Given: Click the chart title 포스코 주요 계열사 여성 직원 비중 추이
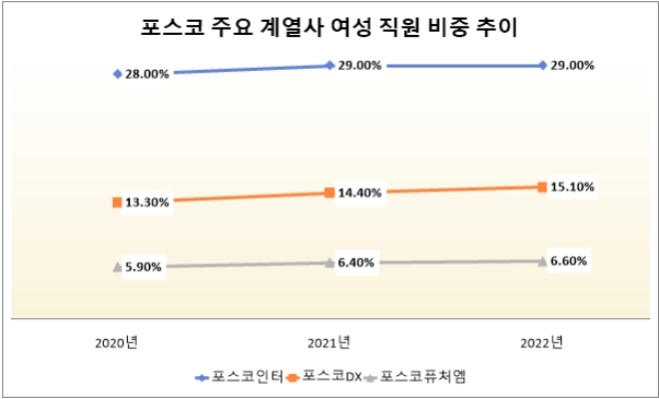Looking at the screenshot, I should point(330,26).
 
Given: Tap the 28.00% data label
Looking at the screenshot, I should point(147,74).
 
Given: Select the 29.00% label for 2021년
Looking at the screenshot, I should point(358,65).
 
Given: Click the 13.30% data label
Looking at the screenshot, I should point(147,202).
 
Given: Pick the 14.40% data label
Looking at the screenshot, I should point(358,193).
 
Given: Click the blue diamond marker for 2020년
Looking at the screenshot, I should point(118,74).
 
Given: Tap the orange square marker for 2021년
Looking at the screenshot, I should point(329,193).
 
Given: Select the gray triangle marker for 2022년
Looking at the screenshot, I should point(542,261).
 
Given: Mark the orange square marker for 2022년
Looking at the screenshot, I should point(542,187).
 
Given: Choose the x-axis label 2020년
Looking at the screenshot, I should point(117,344).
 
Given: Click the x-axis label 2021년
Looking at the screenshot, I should point(329,344).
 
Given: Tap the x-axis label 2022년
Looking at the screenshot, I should point(542,344).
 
